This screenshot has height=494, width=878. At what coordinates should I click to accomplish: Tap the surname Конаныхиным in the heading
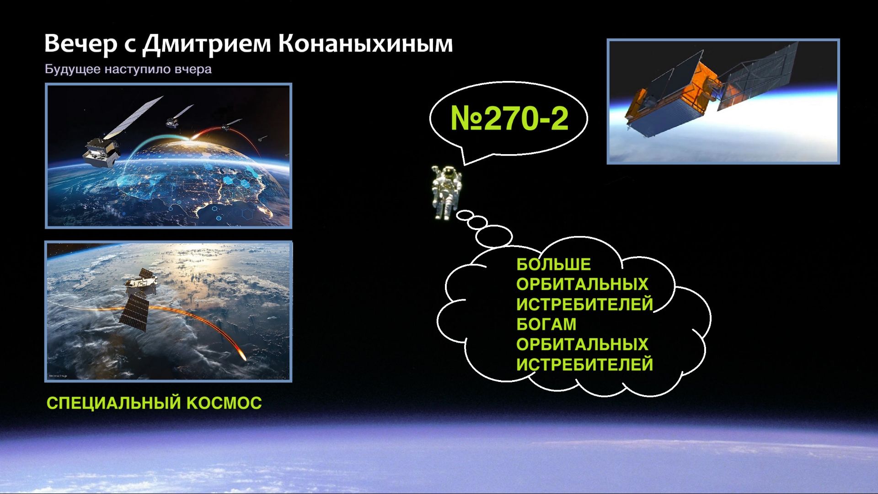366,44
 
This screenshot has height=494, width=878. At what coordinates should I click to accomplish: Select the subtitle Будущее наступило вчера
128,70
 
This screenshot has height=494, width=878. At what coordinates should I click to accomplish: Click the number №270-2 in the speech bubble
509,118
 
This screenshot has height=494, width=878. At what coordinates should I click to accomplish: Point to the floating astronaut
446,192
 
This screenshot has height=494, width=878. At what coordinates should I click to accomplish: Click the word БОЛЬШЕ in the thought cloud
553,264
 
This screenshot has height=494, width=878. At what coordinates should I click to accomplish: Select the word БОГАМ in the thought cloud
546,324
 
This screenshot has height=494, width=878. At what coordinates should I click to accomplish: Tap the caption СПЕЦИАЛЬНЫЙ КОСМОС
154,403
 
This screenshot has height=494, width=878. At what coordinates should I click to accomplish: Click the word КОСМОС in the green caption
224,403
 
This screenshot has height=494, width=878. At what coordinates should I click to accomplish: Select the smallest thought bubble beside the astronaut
464,215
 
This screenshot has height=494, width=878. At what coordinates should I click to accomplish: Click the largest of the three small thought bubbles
494,236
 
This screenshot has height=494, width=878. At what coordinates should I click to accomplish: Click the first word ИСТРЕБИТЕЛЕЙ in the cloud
584,304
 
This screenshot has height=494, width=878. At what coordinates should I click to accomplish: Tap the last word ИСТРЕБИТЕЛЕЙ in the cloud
584,365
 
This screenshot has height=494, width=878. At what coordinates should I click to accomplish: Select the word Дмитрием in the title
207,44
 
